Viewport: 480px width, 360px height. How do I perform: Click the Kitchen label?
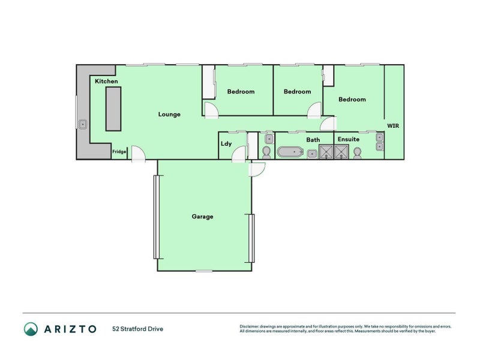[106, 81]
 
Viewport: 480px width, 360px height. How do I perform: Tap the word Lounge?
[169, 114]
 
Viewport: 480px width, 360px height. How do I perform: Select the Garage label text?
[202, 217]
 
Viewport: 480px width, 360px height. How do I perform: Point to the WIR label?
[393, 126]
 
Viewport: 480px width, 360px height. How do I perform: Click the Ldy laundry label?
[226, 143]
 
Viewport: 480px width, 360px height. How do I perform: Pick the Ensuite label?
[348, 139]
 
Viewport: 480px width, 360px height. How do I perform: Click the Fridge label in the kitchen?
[119, 152]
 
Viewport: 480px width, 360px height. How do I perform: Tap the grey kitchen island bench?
[113, 109]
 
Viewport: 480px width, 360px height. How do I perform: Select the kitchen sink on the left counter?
[83, 125]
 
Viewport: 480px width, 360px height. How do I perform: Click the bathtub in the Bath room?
[292, 152]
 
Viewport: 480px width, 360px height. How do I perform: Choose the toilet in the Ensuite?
[358, 154]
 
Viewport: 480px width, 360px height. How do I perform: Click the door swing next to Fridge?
[137, 154]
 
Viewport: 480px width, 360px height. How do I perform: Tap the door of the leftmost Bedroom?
[211, 109]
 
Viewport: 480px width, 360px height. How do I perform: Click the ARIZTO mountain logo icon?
[31, 328]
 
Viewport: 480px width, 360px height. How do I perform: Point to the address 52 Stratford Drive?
[137, 329]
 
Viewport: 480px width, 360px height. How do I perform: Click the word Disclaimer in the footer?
[251, 326]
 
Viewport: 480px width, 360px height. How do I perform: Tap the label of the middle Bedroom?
[297, 92]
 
